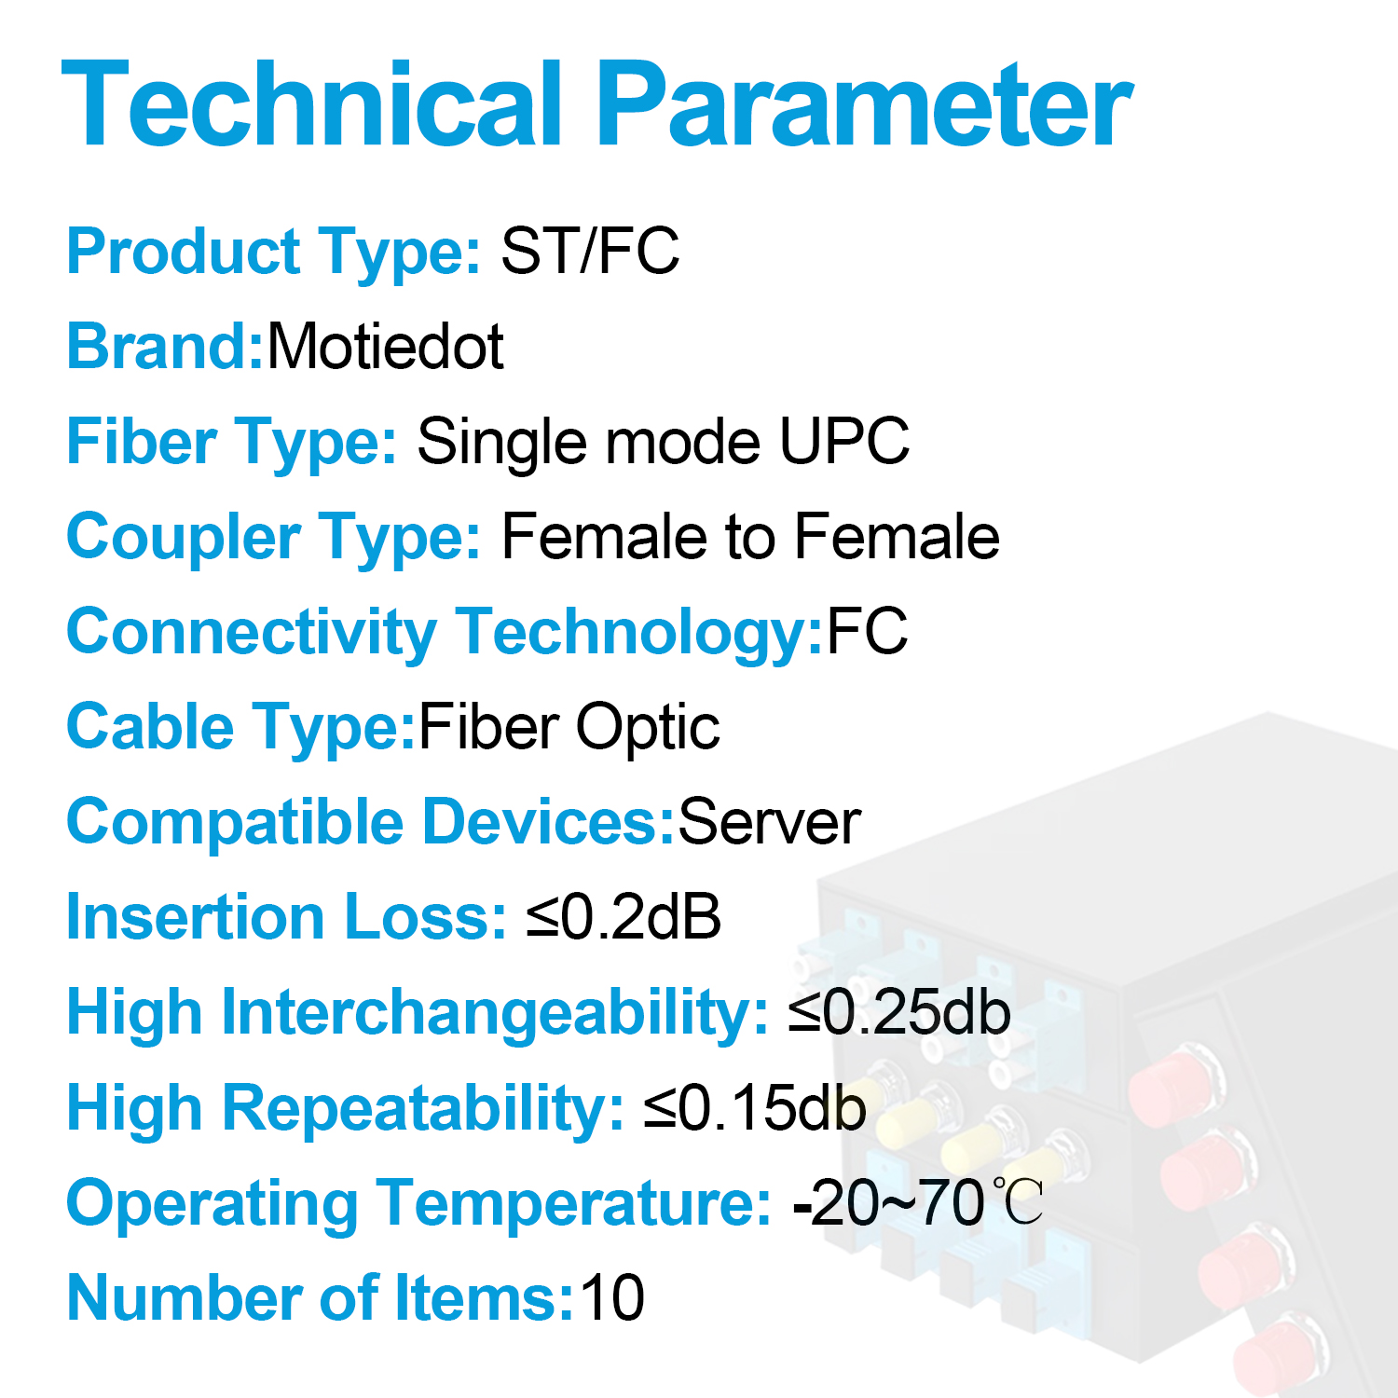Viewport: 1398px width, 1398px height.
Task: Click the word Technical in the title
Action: click(x=312, y=104)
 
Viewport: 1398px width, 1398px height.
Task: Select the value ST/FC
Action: click(x=590, y=251)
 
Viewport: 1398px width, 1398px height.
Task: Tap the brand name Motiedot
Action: click(x=385, y=347)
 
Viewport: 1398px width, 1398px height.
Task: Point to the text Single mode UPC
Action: click(x=663, y=441)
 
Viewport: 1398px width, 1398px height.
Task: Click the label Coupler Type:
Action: click(x=273, y=538)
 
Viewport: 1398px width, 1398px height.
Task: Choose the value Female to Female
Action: click(x=750, y=537)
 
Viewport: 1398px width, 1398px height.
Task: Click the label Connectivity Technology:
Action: click(x=445, y=633)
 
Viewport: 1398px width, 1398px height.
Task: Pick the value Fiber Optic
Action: click(x=569, y=727)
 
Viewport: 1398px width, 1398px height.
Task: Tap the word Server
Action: click(x=769, y=822)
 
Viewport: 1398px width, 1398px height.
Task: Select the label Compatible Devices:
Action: click(x=370, y=822)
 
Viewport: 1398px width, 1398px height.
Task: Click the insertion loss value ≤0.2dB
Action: click(x=624, y=917)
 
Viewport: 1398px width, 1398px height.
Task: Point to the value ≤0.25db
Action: click(x=899, y=1012)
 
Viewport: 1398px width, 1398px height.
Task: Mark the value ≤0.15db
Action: click(x=755, y=1108)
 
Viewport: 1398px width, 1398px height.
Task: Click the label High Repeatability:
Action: click(x=345, y=1108)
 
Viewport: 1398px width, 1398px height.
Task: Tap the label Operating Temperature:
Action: click(x=418, y=1203)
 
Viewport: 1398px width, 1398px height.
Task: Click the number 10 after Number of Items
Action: click(x=612, y=1298)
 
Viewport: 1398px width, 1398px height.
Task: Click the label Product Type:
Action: click(x=273, y=252)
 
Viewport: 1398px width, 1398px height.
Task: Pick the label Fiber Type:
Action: click(x=231, y=442)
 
